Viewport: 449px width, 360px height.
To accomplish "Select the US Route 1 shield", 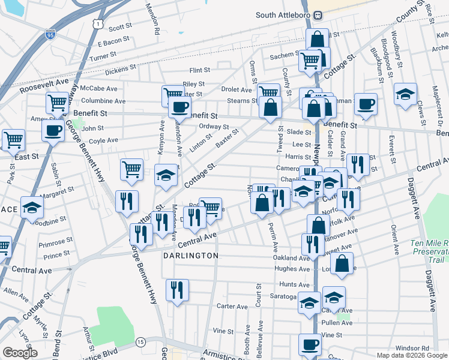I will (x=97, y=22).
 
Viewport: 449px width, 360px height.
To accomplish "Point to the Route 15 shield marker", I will (x=140, y=341).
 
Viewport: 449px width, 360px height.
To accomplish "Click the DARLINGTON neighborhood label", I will (x=191, y=256).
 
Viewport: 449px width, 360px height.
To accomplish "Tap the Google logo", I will (x=20, y=353).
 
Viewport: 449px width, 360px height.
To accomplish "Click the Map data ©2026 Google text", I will (x=412, y=355).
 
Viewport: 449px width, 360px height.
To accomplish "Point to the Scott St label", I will (x=120, y=27).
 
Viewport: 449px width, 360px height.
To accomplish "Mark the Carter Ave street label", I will (x=232, y=307).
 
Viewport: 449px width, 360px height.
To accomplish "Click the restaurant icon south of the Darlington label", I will (x=177, y=290).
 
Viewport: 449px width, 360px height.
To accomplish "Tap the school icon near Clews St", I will (x=406, y=94).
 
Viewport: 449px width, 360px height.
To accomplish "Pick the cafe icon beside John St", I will (x=53, y=129).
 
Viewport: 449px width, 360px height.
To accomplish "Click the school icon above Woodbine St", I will (x=32, y=208).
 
